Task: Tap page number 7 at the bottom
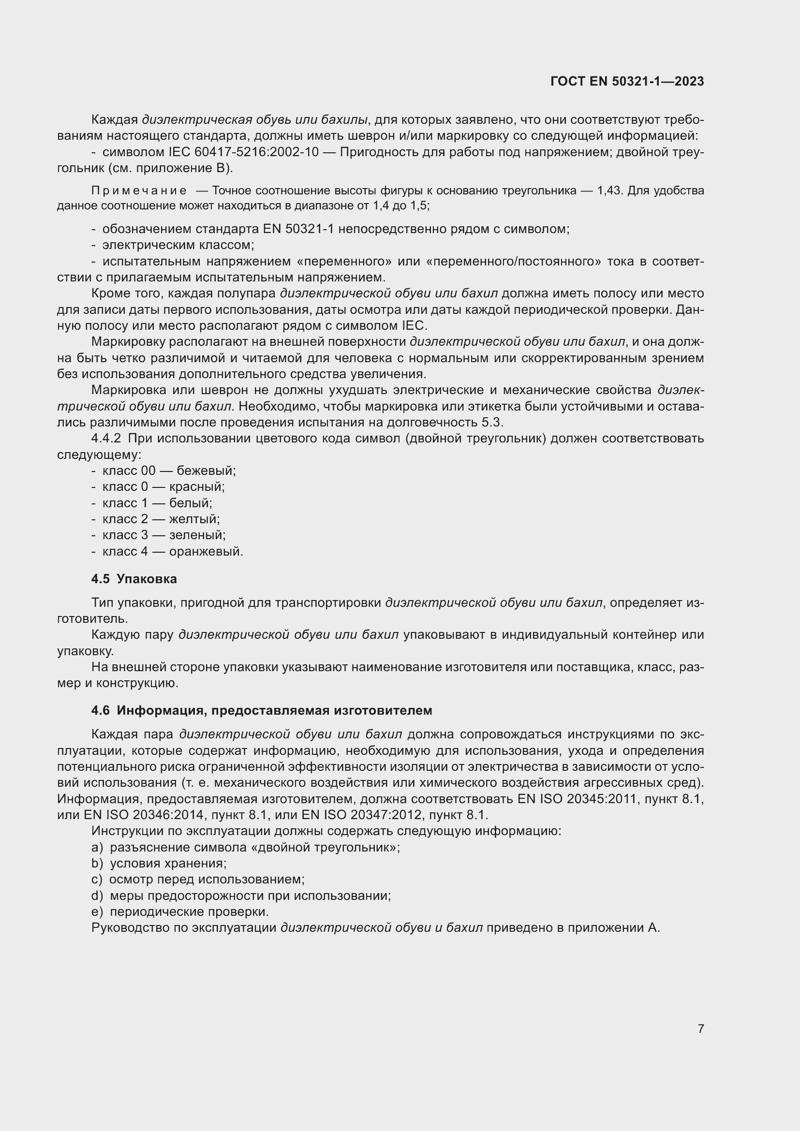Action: pos(700,1028)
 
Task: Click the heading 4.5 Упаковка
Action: pos(134,579)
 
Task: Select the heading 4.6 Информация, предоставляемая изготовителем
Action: pos(262,710)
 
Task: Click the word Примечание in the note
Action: pos(139,191)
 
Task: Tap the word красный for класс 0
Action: pos(196,487)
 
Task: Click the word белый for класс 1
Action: pos(190,503)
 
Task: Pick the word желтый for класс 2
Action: pos(193,519)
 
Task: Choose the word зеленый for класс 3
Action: pos(196,535)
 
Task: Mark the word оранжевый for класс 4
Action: pos(206,551)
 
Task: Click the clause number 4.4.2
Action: pos(106,439)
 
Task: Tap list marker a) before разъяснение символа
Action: pos(97,847)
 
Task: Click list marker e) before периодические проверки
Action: pos(97,912)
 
